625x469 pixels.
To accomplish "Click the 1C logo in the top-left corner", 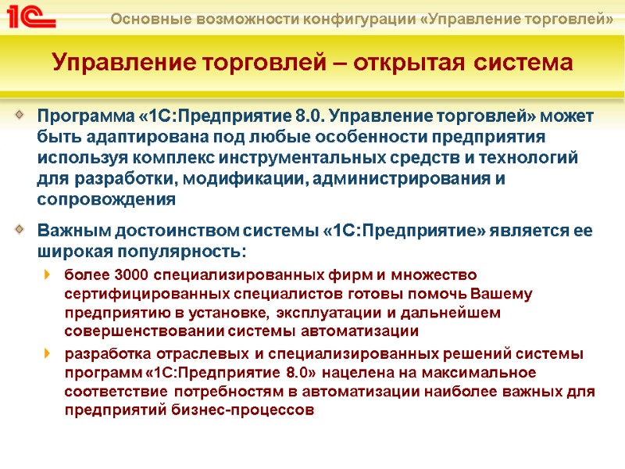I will (x=31, y=16).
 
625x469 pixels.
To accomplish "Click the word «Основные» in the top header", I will (x=145, y=17).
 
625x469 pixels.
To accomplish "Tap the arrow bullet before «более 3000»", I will (x=48, y=274).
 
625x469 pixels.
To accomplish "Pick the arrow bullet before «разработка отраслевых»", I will (x=48, y=353).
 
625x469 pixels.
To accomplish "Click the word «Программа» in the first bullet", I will (x=85, y=117).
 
